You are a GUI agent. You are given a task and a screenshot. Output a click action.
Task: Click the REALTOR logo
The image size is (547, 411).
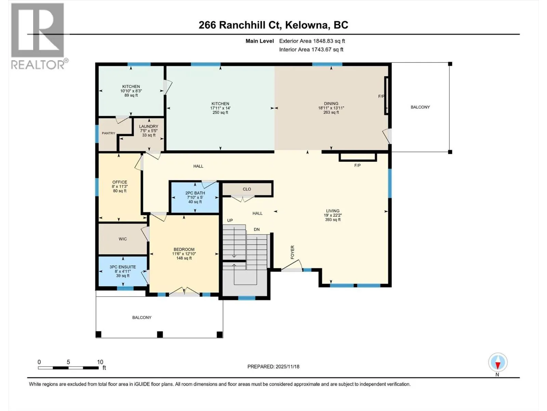coord(39,36)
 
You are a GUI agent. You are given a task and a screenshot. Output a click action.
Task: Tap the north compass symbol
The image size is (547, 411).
coord(498,363)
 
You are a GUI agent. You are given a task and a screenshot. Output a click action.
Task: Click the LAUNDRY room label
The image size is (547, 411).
coord(148,126)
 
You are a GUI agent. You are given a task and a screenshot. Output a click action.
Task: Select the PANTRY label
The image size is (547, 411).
coord(108,133)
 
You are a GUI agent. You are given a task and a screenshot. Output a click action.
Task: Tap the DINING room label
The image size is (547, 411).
coord(331,103)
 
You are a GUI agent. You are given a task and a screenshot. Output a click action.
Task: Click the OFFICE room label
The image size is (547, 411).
coord(120,182)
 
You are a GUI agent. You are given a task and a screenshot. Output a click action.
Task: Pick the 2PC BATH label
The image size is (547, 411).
coord(195,193)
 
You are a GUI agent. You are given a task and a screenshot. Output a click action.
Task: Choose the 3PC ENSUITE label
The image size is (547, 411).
coord(123,267)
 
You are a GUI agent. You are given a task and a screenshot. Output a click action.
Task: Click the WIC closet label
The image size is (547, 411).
coord(123,239)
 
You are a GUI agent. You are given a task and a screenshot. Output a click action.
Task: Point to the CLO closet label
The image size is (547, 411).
coord(247,189)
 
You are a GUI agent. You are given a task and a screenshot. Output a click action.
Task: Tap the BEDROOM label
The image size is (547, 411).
coord(184,249)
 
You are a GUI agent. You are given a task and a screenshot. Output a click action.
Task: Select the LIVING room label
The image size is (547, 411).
coord(333,211)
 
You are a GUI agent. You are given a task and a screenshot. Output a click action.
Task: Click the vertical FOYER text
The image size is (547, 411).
coord(292,252)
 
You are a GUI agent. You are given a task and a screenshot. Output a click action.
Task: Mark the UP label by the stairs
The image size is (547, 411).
coord(230,220)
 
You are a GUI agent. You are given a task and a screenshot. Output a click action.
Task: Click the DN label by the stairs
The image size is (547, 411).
coord(257,229)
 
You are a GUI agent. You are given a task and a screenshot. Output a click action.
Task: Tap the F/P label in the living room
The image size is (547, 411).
coord(357,165)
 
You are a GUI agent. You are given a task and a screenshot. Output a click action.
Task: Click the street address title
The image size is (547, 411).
coord(273,25)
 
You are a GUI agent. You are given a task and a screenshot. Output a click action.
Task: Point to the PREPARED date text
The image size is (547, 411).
coord(273,366)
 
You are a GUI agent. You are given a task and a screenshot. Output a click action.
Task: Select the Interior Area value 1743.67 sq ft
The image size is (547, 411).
coord(327,49)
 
